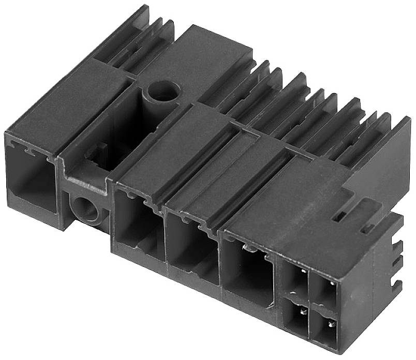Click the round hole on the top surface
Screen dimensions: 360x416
pyautogui.click(x=161, y=92)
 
